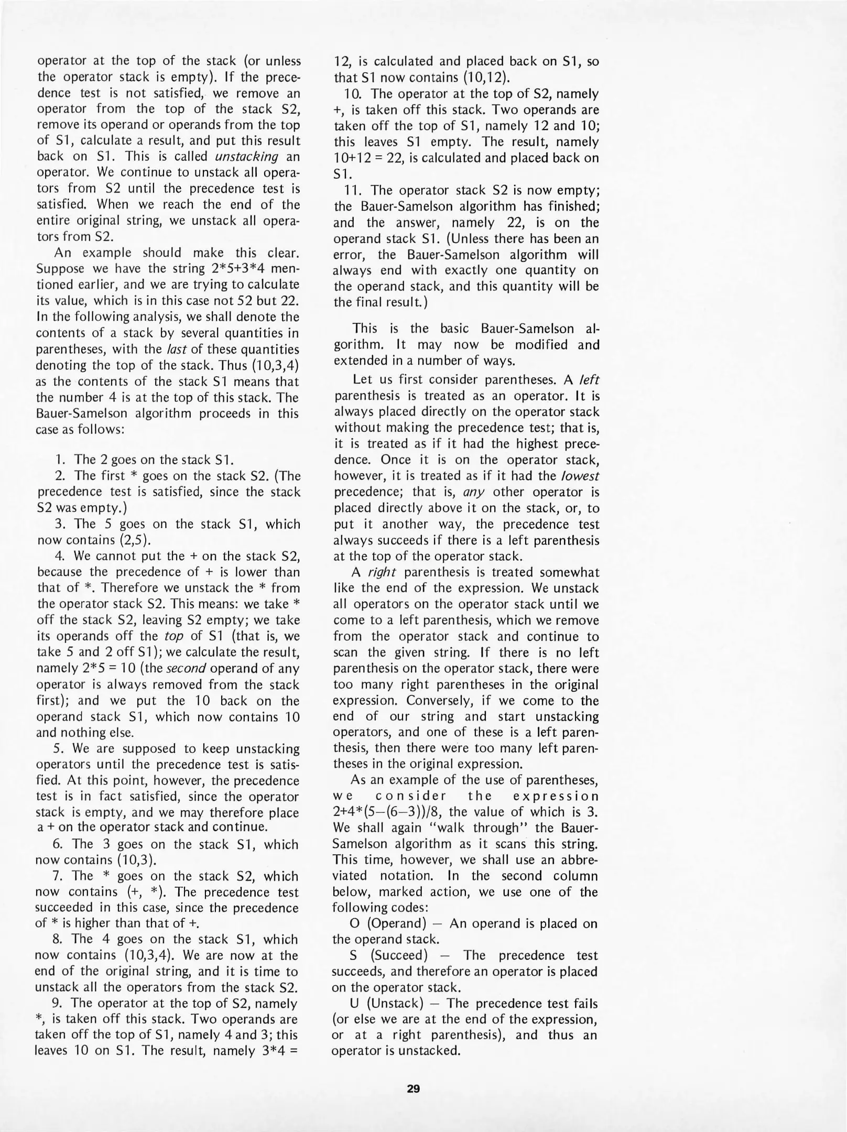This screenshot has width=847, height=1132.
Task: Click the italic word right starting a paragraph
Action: (374, 572)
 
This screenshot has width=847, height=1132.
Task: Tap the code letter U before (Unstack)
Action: (354, 1004)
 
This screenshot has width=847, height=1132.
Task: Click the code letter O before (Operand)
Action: (354, 923)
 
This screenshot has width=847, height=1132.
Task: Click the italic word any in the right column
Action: (474, 492)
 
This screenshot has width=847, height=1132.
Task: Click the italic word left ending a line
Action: (589, 379)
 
